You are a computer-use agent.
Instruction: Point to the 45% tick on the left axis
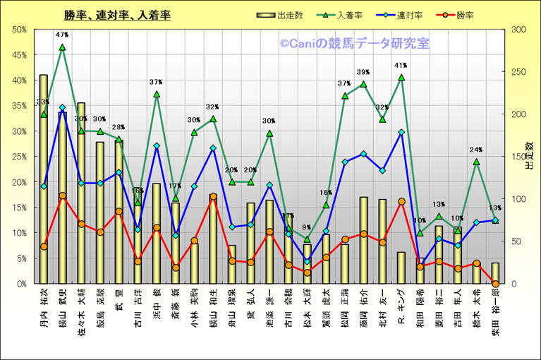(x=19, y=54)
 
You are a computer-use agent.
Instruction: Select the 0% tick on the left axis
(x=21, y=284)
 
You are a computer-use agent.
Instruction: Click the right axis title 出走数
(x=529, y=156)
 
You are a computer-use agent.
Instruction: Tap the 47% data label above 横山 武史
(x=62, y=35)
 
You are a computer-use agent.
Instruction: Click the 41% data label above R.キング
(x=401, y=66)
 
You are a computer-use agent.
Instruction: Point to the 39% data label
(x=363, y=72)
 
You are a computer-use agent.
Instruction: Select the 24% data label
(x=476, y=150)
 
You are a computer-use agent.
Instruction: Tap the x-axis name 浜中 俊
(x=157, y=304)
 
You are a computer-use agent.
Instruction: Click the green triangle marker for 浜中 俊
(x=157, y=94)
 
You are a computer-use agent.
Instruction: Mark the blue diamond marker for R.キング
(x=401, y=132)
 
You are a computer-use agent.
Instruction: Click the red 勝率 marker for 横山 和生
(x=213, y=197)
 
